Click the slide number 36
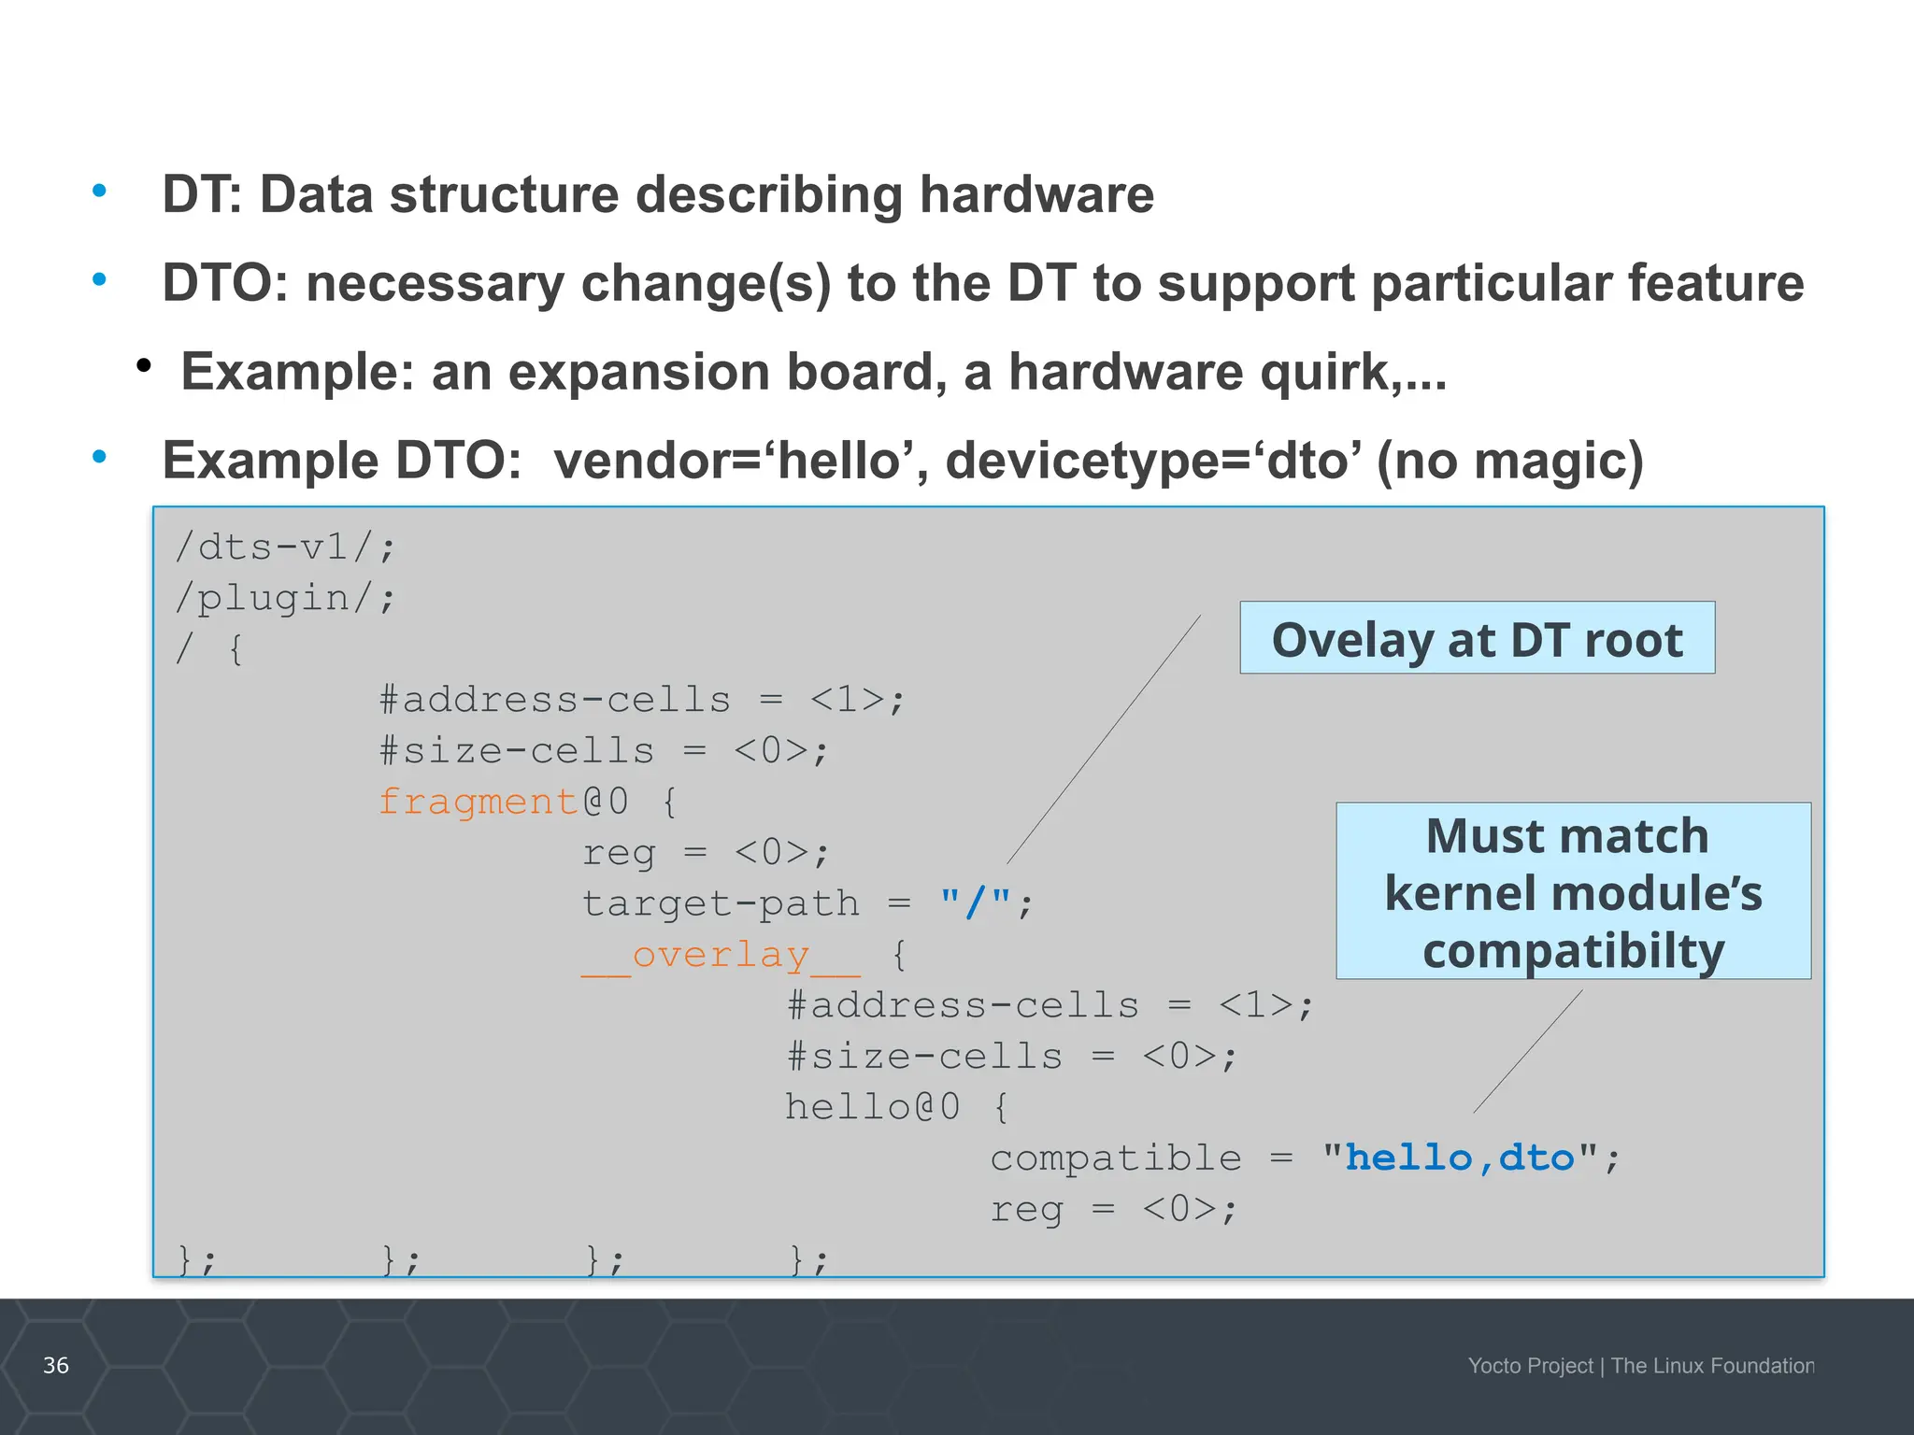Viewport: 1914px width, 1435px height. click(56, 1365)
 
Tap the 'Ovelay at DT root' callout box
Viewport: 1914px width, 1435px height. click(1477, 638)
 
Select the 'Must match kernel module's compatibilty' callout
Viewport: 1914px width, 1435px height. click(1573, 890)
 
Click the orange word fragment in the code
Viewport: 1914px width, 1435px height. click(478, 802)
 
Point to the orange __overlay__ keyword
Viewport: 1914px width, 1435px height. click(721, 955)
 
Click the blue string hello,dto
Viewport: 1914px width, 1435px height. click(1460, 1158)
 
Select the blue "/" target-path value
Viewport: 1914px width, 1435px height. click(976, 902)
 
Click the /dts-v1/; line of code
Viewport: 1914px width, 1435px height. click(286, 547)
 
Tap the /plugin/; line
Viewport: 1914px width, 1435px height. click(286, 598)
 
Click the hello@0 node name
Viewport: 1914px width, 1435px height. click(872, 1107)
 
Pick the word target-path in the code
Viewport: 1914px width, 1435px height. click(721, 903)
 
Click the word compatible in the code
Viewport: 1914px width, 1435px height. click(1116, 1158)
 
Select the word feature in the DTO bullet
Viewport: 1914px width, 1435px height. click(1715, 283)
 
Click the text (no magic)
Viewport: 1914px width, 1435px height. click(1509, 461)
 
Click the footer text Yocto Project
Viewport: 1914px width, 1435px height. click(1530, 1366)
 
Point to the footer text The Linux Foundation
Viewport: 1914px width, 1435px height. click(1712, 1366)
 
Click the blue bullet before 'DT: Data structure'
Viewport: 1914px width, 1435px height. click(99, 192)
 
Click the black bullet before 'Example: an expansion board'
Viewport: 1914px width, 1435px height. click(143, 366)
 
